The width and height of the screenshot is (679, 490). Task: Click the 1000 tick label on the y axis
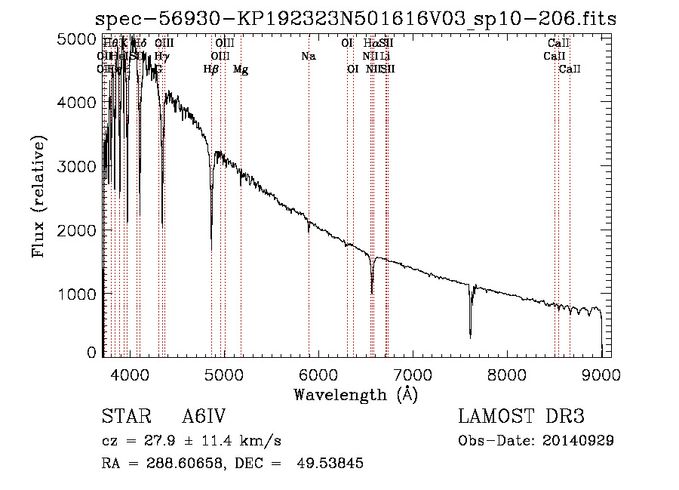(76, 293)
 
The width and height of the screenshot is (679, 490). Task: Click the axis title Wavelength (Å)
(355, 393)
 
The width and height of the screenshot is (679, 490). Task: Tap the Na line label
(308, 57)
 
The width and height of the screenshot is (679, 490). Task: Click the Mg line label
(241, 69)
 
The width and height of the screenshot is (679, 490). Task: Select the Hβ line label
(211, 69)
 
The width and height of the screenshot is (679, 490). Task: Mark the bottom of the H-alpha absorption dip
(372, 293)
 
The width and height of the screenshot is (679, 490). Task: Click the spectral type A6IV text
(204, 418)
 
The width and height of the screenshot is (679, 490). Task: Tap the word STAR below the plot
(122, 418)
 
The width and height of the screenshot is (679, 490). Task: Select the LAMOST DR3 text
(521, 418)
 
